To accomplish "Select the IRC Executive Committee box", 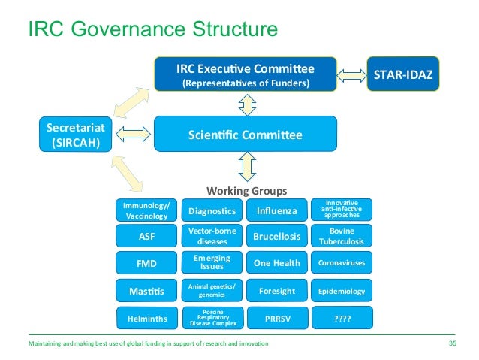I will [246, 74].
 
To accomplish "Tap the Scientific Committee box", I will [246, 135].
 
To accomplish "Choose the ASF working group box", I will [147, 236].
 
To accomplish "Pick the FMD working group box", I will [147, 264].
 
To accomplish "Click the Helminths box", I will [147, 318].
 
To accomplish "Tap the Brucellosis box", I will [277, 237].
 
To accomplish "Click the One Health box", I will [277, 263].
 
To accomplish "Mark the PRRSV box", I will [277, 318].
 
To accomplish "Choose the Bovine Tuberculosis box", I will [342, 236].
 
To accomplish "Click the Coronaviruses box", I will [342, 263].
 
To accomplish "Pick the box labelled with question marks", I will [342, 318].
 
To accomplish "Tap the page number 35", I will [452, 343].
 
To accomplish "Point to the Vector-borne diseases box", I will [212, 237].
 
